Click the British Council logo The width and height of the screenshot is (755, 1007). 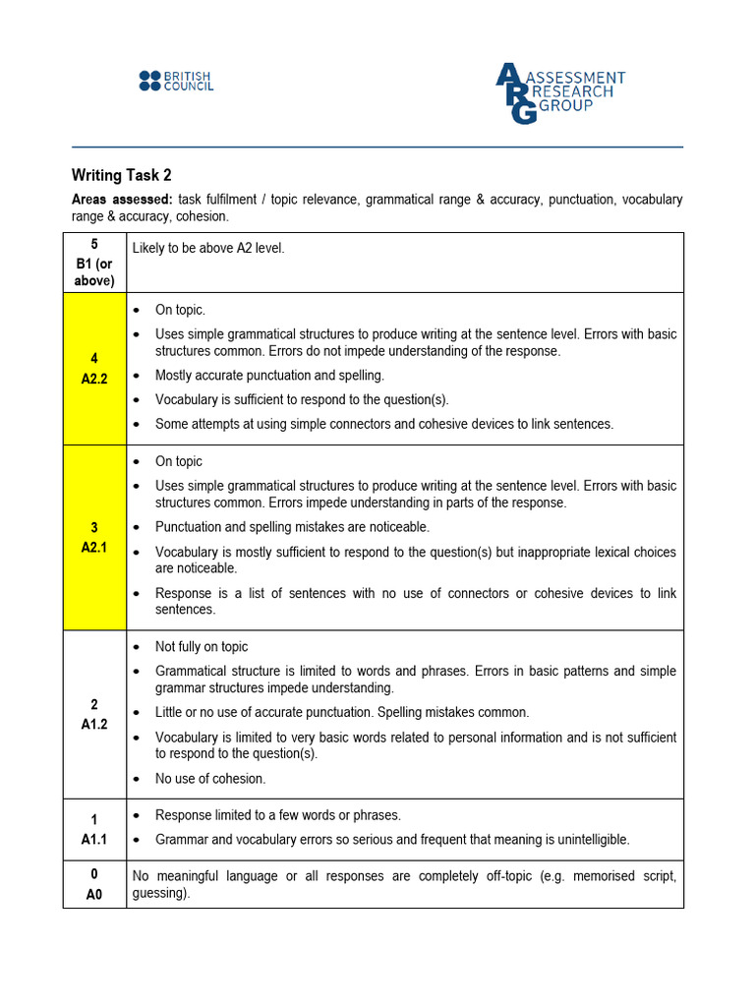point(176,81)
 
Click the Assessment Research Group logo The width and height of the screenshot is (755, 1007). point(559,92)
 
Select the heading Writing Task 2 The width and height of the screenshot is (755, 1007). point(122,175)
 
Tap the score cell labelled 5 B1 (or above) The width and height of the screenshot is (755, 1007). point(94,263)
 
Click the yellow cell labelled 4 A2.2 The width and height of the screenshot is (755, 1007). point(94,368)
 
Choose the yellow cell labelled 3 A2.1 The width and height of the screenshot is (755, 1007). point(94,537)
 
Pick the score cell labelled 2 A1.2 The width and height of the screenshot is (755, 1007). point(94,714)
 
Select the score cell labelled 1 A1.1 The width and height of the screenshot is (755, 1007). point(94,827)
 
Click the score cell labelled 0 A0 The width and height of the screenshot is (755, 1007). point(94,884)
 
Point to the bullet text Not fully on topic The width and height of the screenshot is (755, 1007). point(202,647)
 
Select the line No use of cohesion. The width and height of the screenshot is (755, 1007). point(210,779)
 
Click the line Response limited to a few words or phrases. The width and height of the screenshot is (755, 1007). point(278,815)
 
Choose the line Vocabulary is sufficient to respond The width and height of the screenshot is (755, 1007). point(302,399)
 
